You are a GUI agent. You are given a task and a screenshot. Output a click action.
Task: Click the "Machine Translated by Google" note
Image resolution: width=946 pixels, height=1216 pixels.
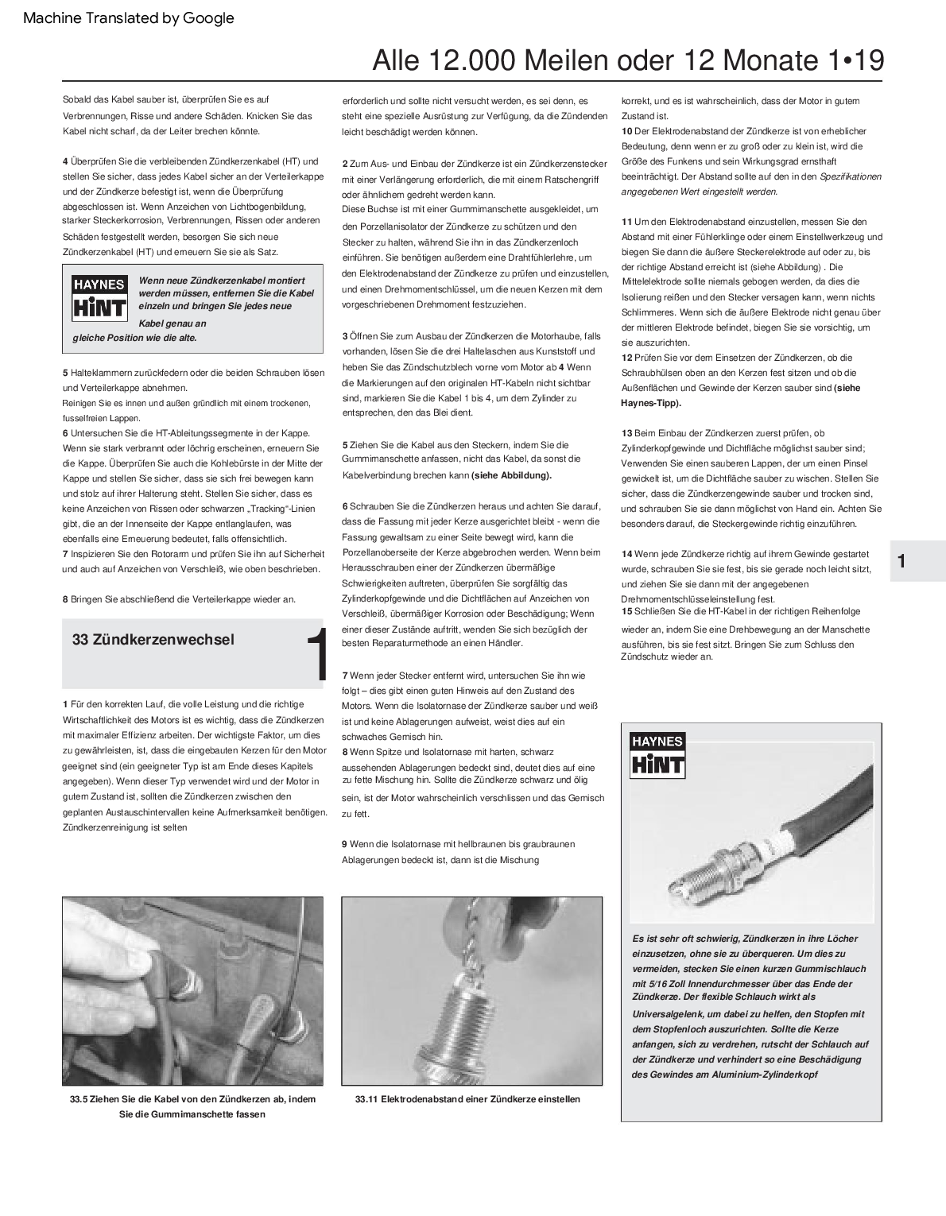coord(129,18)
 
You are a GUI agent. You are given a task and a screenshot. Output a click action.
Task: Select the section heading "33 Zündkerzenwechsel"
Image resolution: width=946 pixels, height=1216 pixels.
coord(153,639)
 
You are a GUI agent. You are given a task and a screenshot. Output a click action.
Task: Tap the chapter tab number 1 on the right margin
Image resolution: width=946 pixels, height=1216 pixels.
coord(901,561)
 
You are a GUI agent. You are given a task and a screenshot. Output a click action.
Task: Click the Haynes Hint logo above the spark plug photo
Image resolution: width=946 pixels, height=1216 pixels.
coord(657,754)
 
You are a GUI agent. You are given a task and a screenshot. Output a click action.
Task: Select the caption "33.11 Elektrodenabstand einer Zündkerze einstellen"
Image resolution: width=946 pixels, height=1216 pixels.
coord(467,1099)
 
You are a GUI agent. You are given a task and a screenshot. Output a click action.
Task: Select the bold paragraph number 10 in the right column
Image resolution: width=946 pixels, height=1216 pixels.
coord(626,130)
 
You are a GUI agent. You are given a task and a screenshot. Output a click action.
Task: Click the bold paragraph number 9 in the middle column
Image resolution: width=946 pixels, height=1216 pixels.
coord(345,844)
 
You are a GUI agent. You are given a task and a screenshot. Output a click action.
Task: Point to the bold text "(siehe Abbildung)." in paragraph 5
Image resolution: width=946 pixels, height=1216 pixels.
coord(511,475)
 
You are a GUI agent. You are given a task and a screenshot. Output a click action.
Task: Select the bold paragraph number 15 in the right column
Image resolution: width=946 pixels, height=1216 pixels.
coord(626,611)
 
